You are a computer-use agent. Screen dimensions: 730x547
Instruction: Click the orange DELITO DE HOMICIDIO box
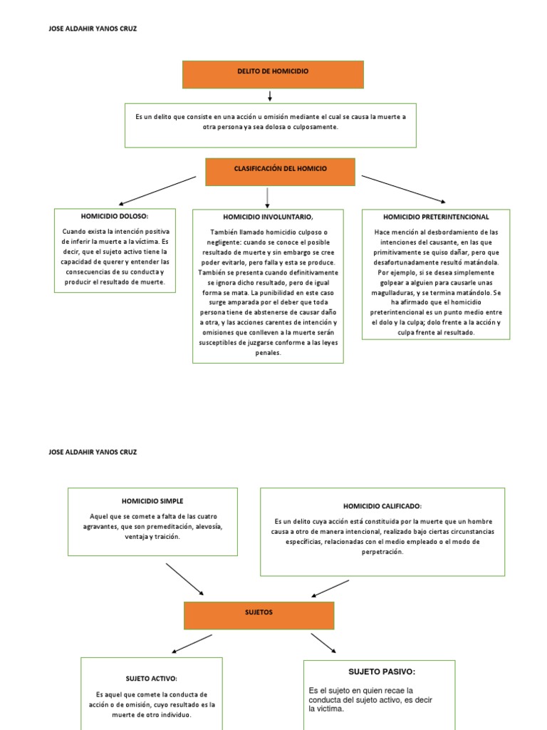coord(273,74)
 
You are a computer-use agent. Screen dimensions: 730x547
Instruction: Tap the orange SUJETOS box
coord(259,615)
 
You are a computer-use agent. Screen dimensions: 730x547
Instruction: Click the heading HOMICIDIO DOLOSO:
coord(115,216)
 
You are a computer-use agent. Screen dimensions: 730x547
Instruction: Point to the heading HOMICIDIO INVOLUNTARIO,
coord(268,217)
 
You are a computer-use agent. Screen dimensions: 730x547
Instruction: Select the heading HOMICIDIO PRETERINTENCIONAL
coord(435,216)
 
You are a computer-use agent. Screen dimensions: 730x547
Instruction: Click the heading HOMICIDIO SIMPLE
coord(152,501)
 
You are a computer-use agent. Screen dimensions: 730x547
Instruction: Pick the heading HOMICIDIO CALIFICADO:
coord(382,505)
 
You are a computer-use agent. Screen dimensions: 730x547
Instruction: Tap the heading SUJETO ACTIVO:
coord(151,678)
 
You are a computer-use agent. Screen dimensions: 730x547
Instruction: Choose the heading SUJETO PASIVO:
coord(381,672)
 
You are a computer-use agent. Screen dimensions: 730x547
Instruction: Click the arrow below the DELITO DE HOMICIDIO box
coord(271,96)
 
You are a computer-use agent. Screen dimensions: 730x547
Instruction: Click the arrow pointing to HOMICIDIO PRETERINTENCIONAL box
coord(403,189)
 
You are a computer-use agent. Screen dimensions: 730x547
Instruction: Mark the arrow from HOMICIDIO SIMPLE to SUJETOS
coord(184,578)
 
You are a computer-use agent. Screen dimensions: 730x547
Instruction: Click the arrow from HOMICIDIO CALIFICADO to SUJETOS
coord(330,588)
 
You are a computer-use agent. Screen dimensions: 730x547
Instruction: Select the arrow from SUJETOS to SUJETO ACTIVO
coord(192,643)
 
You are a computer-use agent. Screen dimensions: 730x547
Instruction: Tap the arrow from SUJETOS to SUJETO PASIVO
coord(323,642)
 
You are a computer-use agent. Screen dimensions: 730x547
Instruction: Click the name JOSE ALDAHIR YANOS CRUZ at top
coord(91,29)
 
